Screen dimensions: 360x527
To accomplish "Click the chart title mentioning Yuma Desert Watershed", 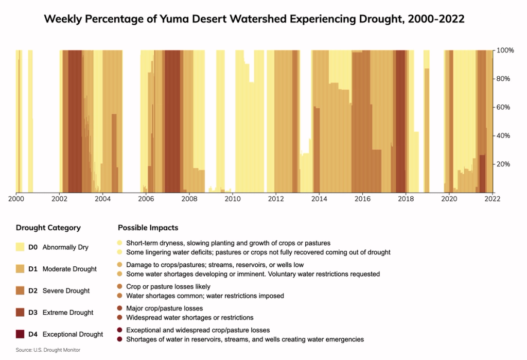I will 254,20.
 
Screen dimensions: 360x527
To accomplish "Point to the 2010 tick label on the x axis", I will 233,198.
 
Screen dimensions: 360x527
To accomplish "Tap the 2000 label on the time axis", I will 16,198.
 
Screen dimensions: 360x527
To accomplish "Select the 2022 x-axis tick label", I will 493,198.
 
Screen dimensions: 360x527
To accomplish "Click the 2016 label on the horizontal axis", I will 363,198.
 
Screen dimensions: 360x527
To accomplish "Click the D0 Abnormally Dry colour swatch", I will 20,247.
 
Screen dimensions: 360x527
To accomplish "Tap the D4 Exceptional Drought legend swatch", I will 20,334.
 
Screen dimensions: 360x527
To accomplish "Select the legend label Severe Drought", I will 66,291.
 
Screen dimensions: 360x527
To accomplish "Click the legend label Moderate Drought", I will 69,269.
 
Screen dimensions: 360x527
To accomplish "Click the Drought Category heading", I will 48,228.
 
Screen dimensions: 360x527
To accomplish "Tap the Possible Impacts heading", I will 148,228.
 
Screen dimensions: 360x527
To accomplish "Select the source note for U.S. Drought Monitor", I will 48,350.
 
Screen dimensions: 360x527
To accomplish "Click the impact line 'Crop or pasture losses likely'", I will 168,286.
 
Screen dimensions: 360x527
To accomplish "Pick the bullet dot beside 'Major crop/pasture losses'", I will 120,308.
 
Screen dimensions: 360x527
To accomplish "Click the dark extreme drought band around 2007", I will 172,121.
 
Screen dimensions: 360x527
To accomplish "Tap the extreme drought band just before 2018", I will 400,121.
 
